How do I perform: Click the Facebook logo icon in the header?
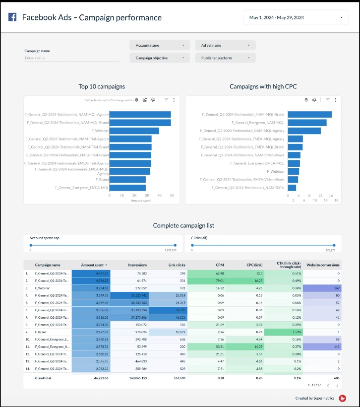[x=12, y=17]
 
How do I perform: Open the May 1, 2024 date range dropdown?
[x=296, y=17]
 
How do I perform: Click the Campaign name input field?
[x=71, y=58]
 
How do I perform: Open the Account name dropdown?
[x=160, y=45]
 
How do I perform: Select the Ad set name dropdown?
[x=225, y=45]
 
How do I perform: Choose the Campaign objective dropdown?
[x=160, y=58]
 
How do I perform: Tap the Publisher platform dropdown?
[x=225, y=58]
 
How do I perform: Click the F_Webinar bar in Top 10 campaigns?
[x=134, y=131]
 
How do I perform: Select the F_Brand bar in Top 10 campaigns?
[x=127, y=179]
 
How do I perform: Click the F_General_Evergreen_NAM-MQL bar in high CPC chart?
[x=307, y=123]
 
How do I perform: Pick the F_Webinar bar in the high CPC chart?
[x=293, y=171]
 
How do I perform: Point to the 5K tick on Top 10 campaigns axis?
[x=172, y=196]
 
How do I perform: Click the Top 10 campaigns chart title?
[x=102, y=86]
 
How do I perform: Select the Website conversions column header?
[x=323, y=265]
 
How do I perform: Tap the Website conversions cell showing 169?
[x=323, y=287]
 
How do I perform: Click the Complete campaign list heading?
[x=183, y=225]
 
